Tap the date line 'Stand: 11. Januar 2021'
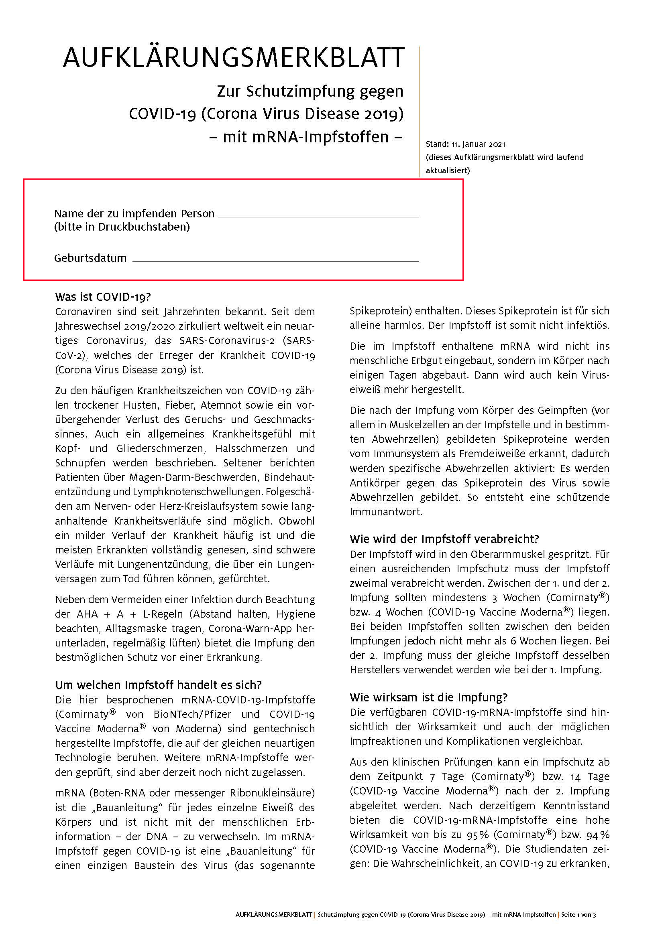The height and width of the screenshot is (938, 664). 465,144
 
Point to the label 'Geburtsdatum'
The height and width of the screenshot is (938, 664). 90,258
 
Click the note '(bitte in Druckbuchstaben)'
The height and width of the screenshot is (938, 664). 122,227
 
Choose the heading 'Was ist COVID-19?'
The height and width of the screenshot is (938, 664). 103,297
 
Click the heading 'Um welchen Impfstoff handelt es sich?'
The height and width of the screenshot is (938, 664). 158,685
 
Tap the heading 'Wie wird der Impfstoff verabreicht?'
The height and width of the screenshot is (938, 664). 444,539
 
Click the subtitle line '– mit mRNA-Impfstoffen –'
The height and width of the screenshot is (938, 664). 306,137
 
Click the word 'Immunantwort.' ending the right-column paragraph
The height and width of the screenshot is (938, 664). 385,512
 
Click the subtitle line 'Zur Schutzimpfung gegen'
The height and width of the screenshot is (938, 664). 310,91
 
